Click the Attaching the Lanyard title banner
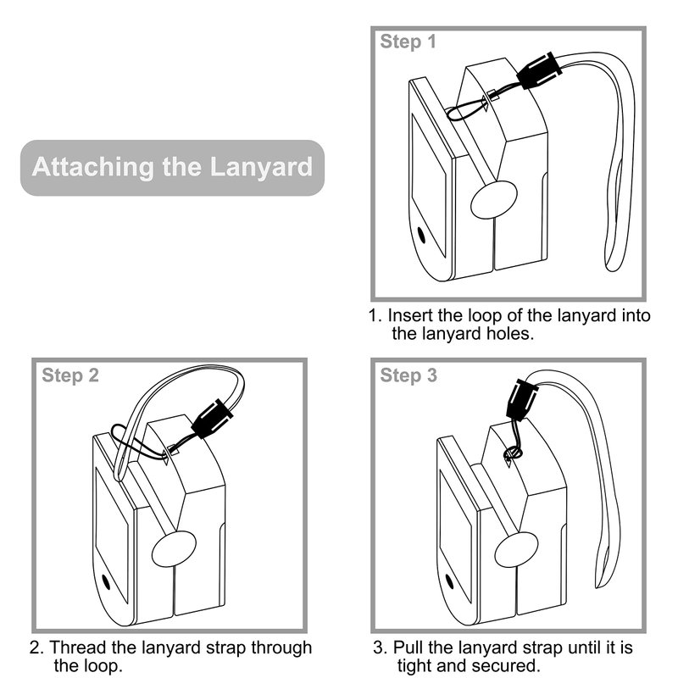point(172,167)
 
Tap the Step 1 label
point(408,42)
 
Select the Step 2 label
point(70,375)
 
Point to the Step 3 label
point(408,375)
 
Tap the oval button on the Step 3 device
point(515,548)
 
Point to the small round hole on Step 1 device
point(421,234)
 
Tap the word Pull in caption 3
point(408,648)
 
